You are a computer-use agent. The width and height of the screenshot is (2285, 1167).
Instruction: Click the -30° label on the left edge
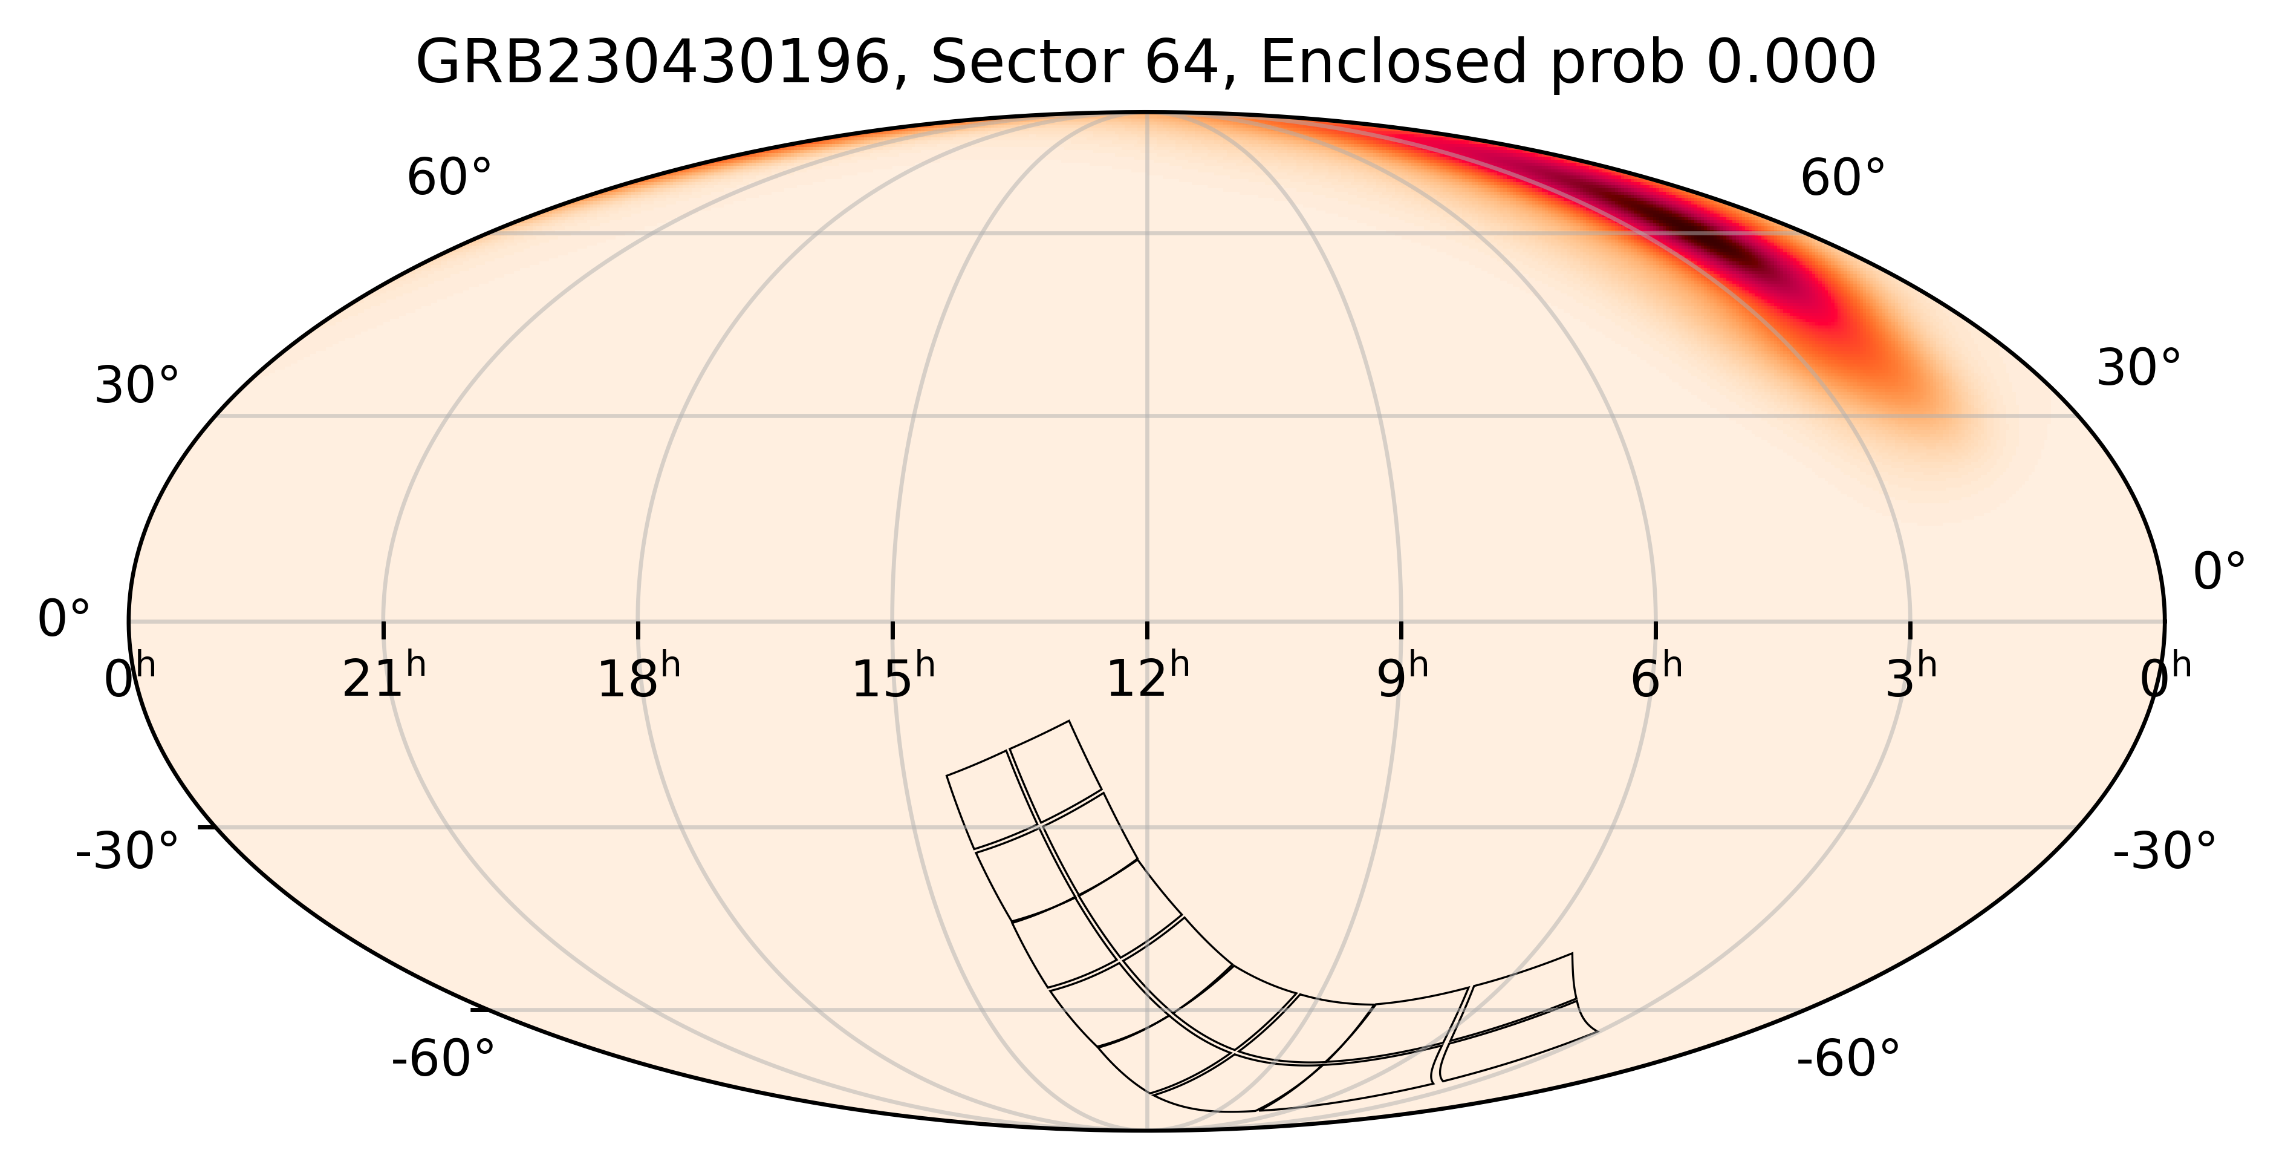(127, 852)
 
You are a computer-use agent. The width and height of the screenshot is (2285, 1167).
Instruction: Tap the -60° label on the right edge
(1848, 1059)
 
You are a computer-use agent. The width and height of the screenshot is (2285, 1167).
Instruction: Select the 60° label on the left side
(449, 179)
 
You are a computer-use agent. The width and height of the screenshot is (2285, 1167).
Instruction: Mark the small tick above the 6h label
(1656, 629)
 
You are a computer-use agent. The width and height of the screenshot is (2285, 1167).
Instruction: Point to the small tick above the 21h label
(383, 629)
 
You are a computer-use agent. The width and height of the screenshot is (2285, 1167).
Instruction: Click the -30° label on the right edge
(2163, 852)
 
